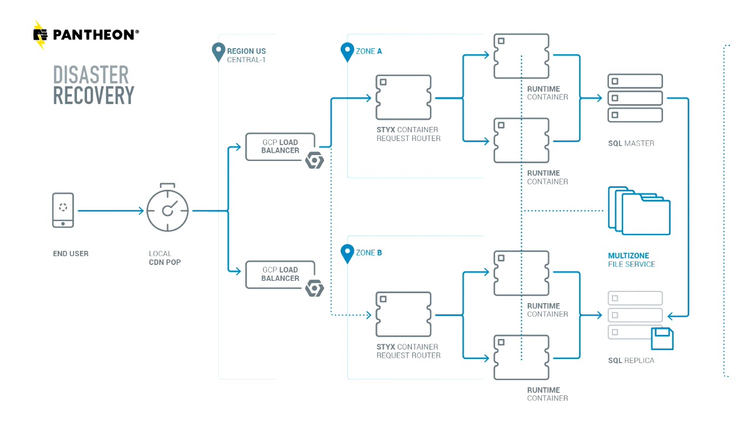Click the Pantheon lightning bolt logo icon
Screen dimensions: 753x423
click(40, 35)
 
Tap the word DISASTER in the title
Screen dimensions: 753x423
click(91, 75)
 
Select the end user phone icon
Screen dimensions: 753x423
click(63, 210)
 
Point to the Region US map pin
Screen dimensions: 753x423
click(218, 52)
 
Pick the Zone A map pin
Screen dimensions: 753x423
click(347, 52)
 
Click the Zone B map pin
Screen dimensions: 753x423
click(347, 254)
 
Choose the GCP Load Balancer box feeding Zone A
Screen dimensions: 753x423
click(281, 147)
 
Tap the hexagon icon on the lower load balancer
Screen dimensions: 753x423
click(315, 288)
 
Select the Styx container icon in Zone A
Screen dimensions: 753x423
click(404, 98)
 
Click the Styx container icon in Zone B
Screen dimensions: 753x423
click(404, 314)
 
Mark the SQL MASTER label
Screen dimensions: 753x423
click(631, 143)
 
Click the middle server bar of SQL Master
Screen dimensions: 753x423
click(635, 98)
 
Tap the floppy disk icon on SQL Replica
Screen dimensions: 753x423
click(662, 338)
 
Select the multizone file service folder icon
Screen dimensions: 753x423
click(639, 210)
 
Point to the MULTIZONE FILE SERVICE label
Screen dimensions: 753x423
click(631, 260)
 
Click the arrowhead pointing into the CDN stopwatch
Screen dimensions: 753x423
click(141, 211)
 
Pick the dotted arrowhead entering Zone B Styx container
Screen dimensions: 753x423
click(368, 315)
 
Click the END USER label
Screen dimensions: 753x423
click(71, 253)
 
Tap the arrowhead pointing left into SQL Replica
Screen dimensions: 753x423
click(671, 316)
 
